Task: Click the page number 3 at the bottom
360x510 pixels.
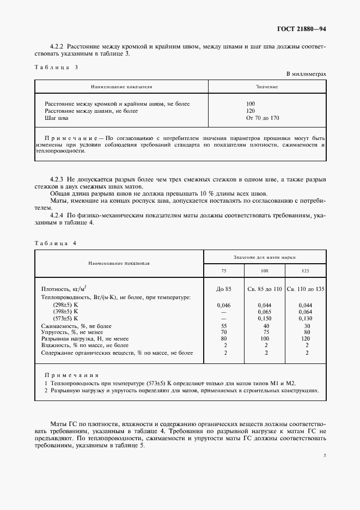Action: (x=324, y=456)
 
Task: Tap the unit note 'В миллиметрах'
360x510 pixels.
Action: (x=306, y=74)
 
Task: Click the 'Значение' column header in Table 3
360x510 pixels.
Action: (x=267, y=87)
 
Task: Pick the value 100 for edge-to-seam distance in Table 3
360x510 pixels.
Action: (x=251, y=104)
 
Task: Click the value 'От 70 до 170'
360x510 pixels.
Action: (x=263, y=118)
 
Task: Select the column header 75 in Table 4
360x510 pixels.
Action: (x=224, y=271)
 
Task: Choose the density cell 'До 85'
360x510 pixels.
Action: (x=224, y=289)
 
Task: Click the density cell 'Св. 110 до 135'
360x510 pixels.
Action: (x=306, y=289)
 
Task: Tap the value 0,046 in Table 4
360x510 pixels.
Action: (x=224, y=305)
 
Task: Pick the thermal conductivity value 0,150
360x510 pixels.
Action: (x=265, y=318)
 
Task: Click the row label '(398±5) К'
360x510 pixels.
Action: (x=66, y=311)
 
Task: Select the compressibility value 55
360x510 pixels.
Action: (x=224, y=325)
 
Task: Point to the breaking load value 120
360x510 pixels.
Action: (x=307, y=338)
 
